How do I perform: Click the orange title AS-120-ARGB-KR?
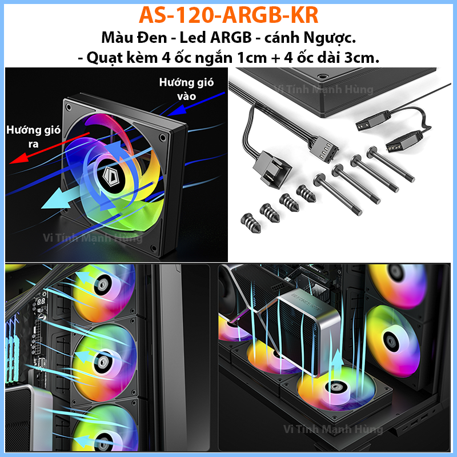pos(228,15)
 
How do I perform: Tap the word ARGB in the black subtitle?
pos(231,38)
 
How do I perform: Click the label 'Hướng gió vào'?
pos(186,89)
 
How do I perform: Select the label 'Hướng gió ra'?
pos(33,137)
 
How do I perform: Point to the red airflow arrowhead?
pos(18,159)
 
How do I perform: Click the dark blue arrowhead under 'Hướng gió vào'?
pos(177,110)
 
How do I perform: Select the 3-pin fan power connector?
pos(272,169)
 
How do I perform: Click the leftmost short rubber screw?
pos(250,223)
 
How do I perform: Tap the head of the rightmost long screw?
pos(373,152)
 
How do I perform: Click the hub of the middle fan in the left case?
pos(103,362)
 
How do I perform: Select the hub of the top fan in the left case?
pos(103,284)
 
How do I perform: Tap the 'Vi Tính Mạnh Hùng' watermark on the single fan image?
pos(93,238)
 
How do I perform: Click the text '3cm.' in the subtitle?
pos(362,58)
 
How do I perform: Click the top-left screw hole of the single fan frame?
pos(69,107)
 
